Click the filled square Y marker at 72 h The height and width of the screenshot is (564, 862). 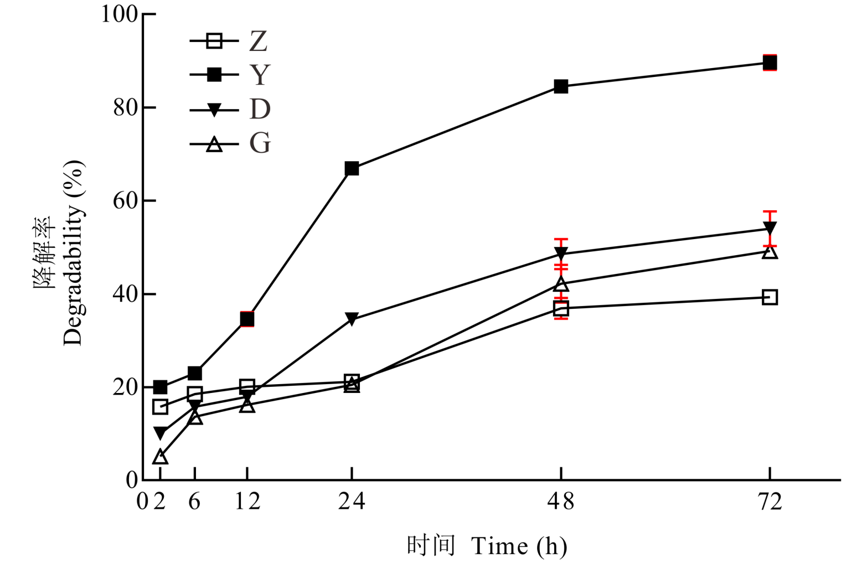[x=770, y=63]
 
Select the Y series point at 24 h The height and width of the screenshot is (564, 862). [x=352, y=168]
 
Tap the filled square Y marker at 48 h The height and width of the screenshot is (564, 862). [x=561, y=86]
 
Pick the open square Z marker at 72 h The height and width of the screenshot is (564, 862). [x=770, y=297]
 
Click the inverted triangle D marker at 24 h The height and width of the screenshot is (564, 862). [x=352, y=319]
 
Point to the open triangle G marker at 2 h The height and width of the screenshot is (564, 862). [x=160, y=457]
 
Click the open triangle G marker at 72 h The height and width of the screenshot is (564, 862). [x=770, y=252]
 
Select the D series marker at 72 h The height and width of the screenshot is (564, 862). [x=770, y=228]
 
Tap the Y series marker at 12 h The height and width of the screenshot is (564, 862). [x=247, y=319]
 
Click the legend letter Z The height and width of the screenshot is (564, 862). [x=259, y=41]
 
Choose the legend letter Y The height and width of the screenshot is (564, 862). [x=259, y=75]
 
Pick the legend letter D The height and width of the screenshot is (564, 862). [x=259, y=110]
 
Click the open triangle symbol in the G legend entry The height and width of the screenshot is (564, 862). [x=214, y=145]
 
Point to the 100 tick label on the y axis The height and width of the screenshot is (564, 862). [x=118, y=14]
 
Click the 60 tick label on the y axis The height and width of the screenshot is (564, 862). [x=125, y=200]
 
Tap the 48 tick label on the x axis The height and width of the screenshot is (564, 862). [x=561, y=501]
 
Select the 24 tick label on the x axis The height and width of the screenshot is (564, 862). [x=352, y=501]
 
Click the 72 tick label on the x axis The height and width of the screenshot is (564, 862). [x=770, y=501]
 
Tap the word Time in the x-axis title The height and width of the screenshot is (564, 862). [x=500, y=546]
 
